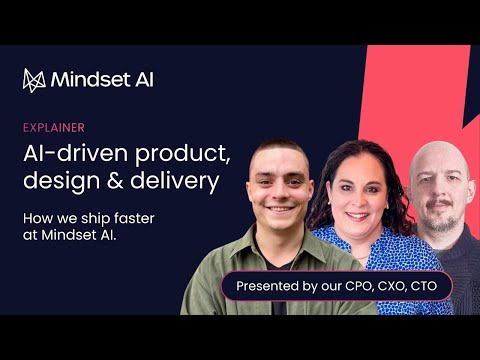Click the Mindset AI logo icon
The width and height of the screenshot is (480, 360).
(x=35, y=79)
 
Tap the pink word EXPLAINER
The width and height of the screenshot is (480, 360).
(x=53, y=127)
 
